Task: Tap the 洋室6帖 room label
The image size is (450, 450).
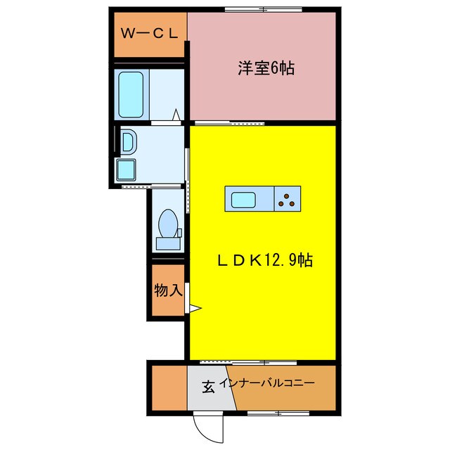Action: click(265, 68)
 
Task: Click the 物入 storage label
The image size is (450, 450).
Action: click(168, 290)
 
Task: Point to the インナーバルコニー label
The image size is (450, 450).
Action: click(267, 385)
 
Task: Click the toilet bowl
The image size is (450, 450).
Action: click(168, 226)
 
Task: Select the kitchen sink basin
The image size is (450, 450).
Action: click(243, 199)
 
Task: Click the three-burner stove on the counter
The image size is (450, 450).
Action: click(287, 199)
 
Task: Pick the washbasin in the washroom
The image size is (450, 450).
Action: click(129, 143)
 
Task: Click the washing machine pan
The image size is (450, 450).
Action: click(127, 169)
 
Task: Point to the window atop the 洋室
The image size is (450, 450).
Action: click(264, 9)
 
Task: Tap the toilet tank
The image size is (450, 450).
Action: click(168, 243)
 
